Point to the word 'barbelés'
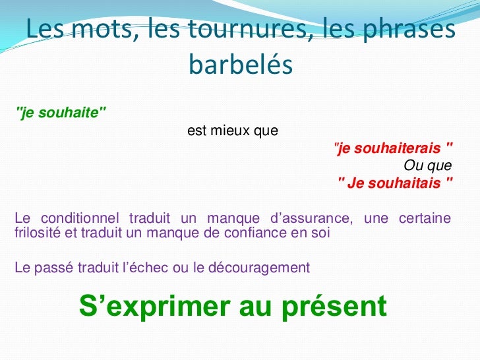pyautogui.click(x=240, y=65)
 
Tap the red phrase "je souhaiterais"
pyautogui.click(x=394, y=149)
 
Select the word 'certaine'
pyautogui.click(x=425, y=218)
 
